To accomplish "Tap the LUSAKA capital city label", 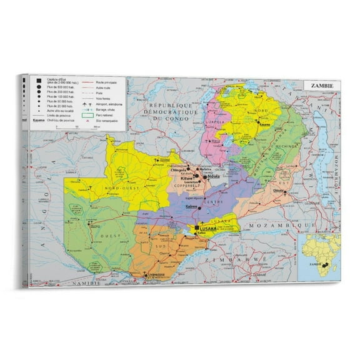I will click(207, 229).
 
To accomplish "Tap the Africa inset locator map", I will click(318, 256).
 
